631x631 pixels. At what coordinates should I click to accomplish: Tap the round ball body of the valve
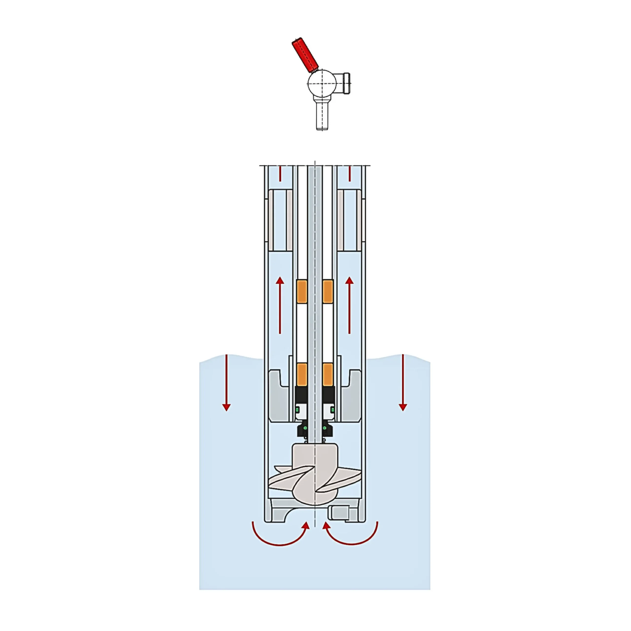pyautogui.click(x=322, y=83)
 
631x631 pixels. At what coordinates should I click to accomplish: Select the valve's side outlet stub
pyautogui.click(x=344, y=83)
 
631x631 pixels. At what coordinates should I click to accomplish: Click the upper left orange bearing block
pyautogui.click(x=302, y=291)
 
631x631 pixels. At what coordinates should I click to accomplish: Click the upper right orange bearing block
pyautogui.click(x=328, y=291)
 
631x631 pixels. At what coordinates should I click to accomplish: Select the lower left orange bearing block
pyautogui.click(x=302, y=374)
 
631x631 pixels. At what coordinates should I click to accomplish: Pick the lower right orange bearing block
pyautogui.click(x=328, y=374)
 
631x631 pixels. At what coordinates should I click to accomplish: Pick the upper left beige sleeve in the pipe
pyautogui.click(x=271, y=220)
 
